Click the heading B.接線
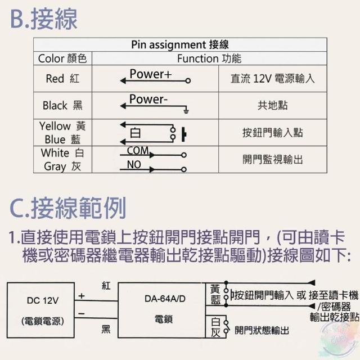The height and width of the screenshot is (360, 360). pos(44,19)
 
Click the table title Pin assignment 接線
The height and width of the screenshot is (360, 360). pos(180,45)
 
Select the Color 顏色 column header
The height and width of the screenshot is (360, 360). pos(62,58)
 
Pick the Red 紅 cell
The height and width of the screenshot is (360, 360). pos(62,79)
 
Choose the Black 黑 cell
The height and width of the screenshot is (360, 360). pos(62,105)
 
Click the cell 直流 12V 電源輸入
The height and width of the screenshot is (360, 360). pos(273,79)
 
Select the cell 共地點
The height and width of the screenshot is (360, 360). pos(273,105)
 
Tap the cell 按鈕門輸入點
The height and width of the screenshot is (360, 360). pos(273,132)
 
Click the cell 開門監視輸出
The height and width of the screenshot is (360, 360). pos(273,159)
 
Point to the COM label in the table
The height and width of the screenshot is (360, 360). pos(138,151)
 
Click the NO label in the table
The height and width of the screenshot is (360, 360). pos(134,165)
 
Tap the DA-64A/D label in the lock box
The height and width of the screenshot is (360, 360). pos(163,299)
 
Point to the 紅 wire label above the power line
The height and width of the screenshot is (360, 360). pos(106,286)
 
